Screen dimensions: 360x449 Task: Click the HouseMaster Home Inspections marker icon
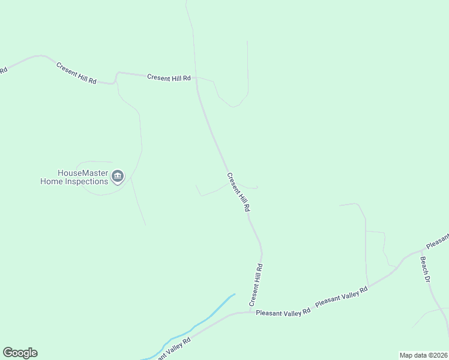[x=118, y=176]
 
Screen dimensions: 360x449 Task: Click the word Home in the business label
[x=51, y=181]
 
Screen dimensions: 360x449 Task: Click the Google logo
[x=20, y=353]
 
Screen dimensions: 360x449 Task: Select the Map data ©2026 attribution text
[x=423, y=355]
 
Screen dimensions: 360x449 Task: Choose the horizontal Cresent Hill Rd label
[x=169, y=77]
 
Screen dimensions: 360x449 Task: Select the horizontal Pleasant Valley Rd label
[x=283, y=313]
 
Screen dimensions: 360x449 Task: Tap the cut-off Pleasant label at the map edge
[x=437, y=241]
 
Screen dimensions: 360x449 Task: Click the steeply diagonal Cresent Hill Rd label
[x=238, y=193]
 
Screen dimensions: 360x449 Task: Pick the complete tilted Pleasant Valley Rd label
[x=341, y=297]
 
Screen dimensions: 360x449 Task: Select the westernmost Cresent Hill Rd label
[x=76, y=73]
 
